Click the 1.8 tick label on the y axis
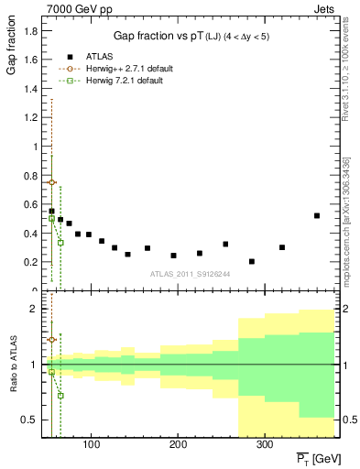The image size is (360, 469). pos(30,30)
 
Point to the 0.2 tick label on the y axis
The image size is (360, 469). pos(30,262)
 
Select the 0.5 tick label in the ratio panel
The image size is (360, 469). pos(30,420)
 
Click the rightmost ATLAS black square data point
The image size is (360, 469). pos(317,216)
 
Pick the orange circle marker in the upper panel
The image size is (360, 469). pos(51,182)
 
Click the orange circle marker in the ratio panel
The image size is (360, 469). pos(51,339)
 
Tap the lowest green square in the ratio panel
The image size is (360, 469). pos(60,396)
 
